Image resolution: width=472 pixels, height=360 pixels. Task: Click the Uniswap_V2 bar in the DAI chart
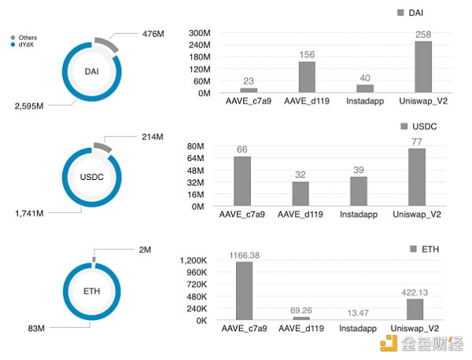pos(423,67)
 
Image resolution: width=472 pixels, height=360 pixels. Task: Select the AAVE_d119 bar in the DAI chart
pos(307,77)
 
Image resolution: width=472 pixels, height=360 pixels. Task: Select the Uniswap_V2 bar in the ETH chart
pos(415,309)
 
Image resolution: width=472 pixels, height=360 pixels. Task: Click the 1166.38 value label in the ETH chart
pos(244,255)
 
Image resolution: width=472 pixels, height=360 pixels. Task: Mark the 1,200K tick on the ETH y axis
pos(193,261)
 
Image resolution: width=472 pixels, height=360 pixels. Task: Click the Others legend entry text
pos(28,38)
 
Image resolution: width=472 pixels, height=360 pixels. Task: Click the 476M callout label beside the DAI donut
pos(153,34)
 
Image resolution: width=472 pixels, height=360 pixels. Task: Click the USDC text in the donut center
pos(93,177)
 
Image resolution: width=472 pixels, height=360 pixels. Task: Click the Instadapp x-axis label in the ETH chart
pos(358,327)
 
